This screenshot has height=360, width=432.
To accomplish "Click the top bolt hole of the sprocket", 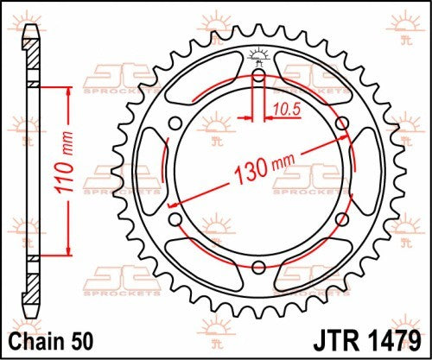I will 258,75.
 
